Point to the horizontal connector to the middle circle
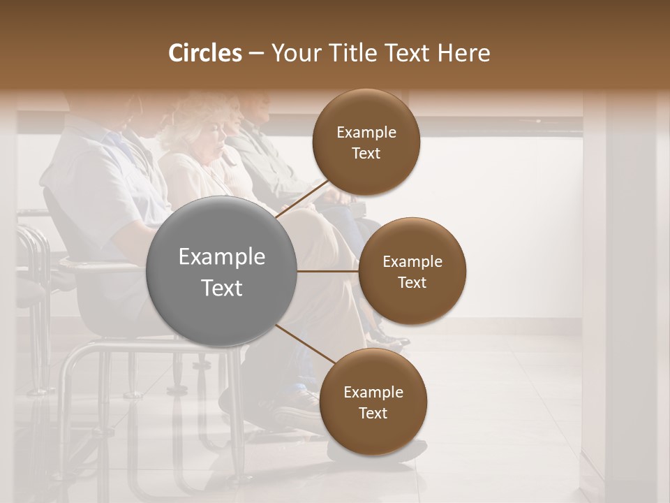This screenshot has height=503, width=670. [x=327, y=271]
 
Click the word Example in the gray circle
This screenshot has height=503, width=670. [x=221, y=257]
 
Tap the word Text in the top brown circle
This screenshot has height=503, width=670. [x=366, y=154]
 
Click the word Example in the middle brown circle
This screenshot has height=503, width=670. [x=412, y=262]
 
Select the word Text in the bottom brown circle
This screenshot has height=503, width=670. [x=373, y=414]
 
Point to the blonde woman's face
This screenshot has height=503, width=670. [x=222, y=133]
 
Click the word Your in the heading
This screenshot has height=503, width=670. [x=290, y=53]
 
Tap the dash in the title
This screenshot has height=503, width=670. [x=255, y=53]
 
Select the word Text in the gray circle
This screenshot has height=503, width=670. [x=221, y=288]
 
